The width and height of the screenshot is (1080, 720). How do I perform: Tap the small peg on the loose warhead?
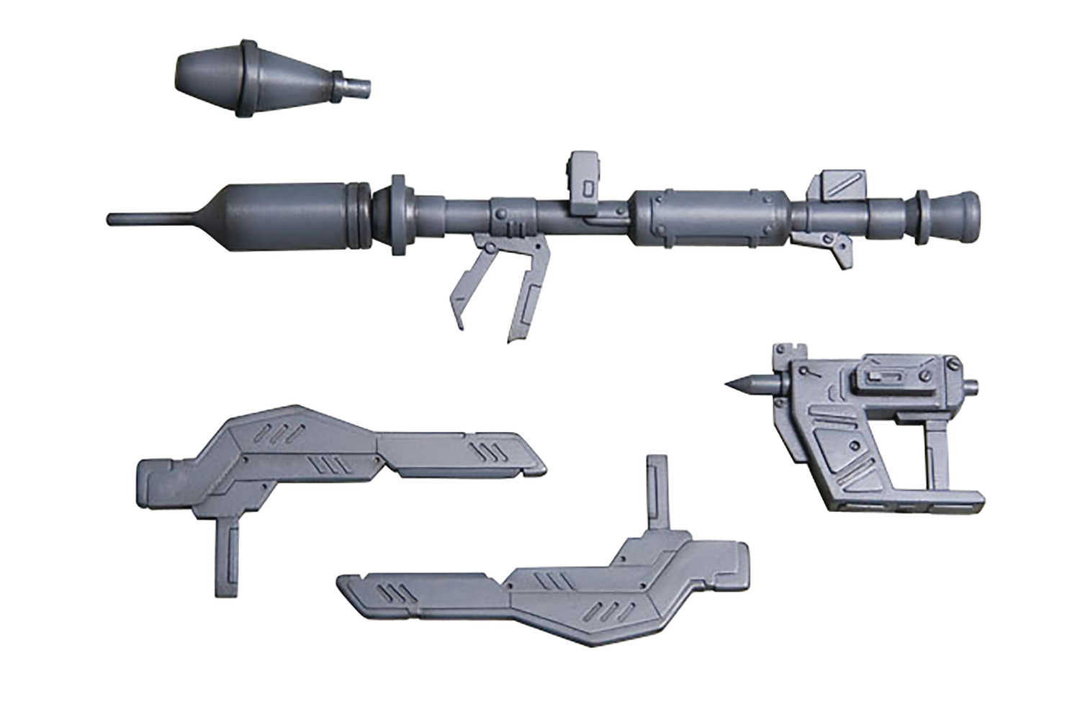click(x=356, y=87)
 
